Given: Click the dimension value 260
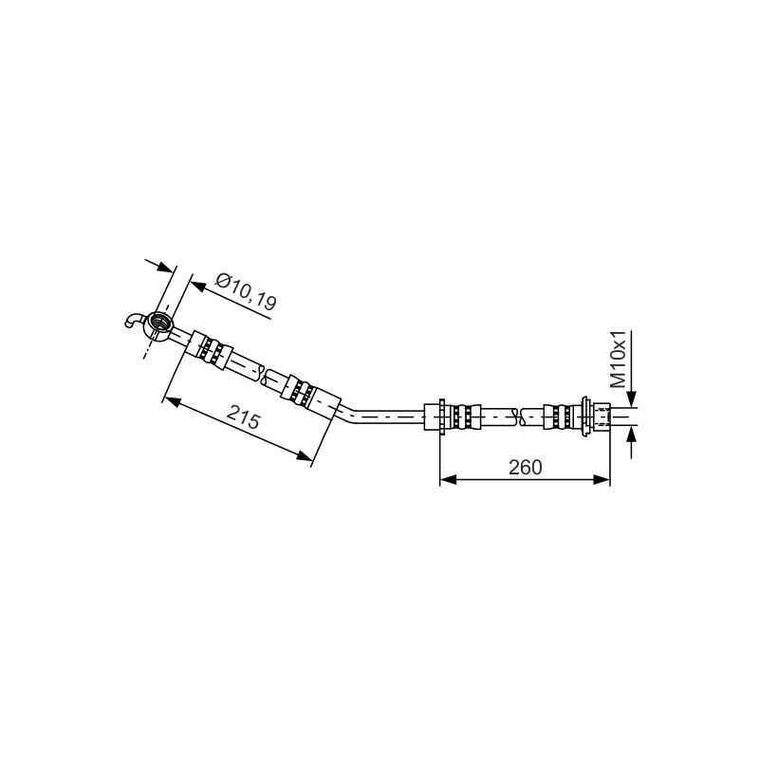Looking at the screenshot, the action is [x=526, y=467].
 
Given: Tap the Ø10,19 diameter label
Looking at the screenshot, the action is [x=246, y=291].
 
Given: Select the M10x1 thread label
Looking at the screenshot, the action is [x=619, y=360].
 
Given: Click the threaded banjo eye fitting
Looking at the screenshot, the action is [x=159, y=324].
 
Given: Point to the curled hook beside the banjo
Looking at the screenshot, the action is [x=132, y=321].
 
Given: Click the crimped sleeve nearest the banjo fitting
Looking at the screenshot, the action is [x=210, y=351].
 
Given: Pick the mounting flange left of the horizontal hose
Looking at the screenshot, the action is [x=442, y=417].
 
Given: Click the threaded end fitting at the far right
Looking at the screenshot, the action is [x=601, y=417].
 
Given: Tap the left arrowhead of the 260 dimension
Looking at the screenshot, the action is [x=447, y=479].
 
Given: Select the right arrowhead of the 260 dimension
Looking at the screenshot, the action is [x=602, y=479].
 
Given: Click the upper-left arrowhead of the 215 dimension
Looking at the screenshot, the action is [x=172, y=402].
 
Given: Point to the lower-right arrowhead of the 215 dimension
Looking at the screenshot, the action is [x=304, y=455].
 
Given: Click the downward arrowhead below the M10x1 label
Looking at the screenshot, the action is [x=631, y=398].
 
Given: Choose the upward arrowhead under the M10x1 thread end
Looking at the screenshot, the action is [x=631, y=435].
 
